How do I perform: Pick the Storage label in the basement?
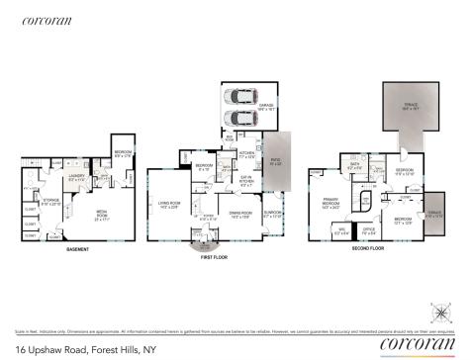click(51, 204)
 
